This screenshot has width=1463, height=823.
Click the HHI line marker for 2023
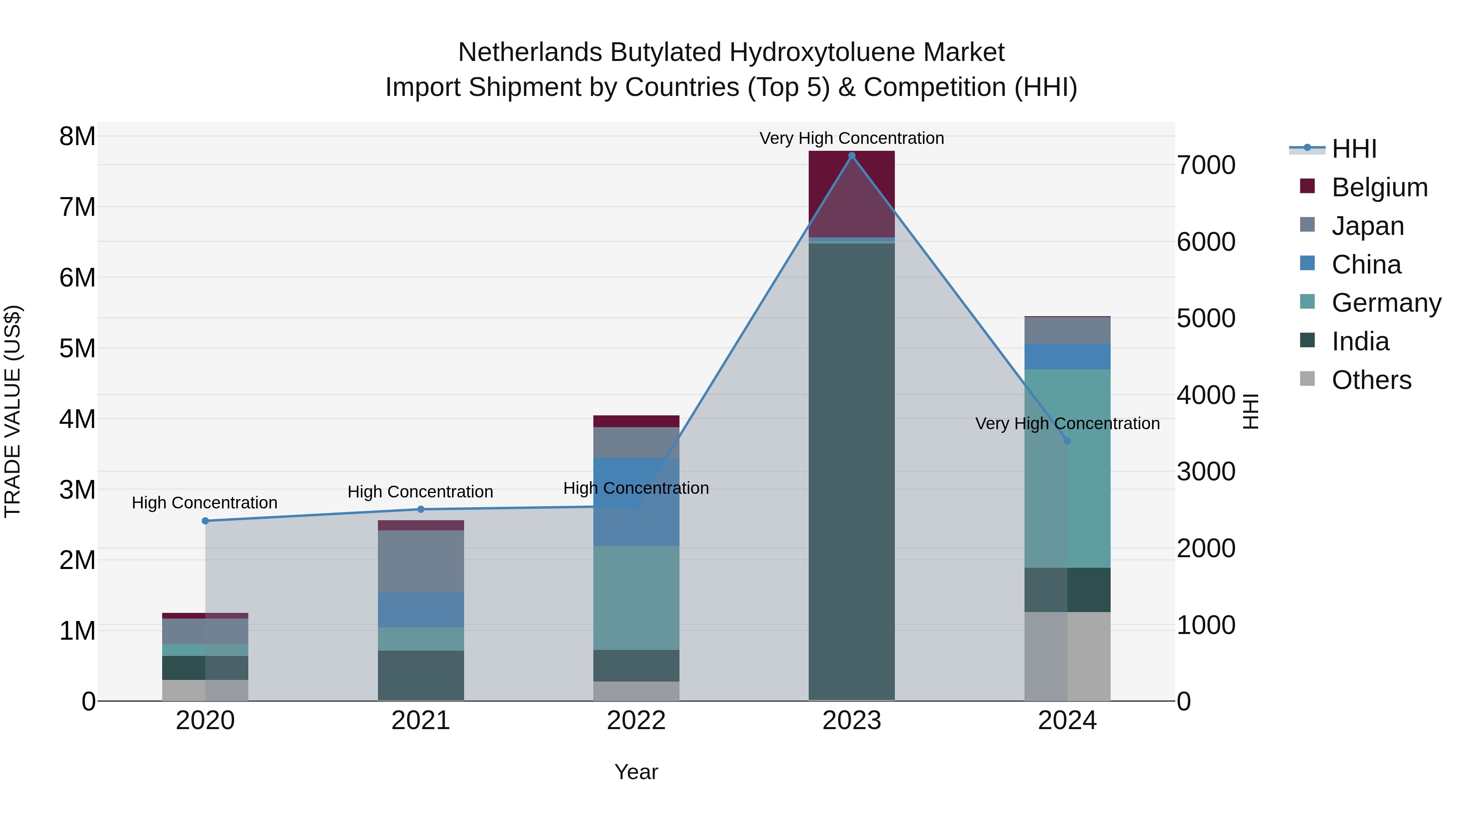coord(851,156)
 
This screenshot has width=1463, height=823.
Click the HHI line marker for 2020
coord(206,521)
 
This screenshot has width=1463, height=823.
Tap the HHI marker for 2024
coord(1067,441)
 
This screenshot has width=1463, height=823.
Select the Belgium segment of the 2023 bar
coord(851,193)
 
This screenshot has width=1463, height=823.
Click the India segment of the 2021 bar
coord(421,675)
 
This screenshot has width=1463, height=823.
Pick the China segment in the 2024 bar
coord(1067,357)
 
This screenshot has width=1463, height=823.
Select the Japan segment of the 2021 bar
coord(421,561)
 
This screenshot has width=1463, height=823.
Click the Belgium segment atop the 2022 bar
coord(636,421)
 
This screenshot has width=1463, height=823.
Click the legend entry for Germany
coord(1386,303)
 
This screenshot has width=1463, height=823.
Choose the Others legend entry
coord(1371,380)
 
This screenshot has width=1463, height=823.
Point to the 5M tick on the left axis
coord(77,348)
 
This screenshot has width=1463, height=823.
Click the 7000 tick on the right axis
coord(1206,165)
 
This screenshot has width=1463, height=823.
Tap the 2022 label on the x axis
coord(636,721)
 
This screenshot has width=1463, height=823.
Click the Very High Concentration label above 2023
coord(851,138)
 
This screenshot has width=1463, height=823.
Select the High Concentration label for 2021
coord(420,491)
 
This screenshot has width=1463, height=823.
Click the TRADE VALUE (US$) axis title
coord(13,411)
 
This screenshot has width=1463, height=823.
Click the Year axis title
coord(636,772)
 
